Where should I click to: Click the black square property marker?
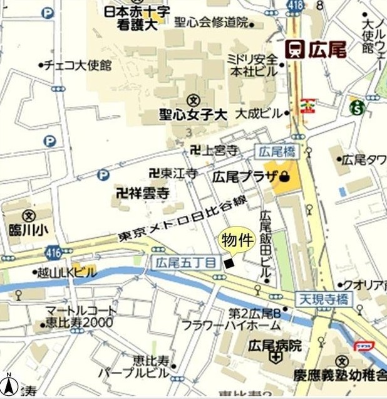(230, 263)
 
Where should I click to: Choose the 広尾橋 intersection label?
(277, 151)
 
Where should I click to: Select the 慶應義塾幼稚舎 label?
(339, 376)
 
